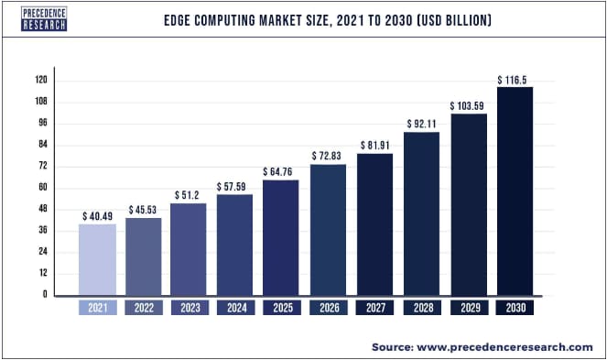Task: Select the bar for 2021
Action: pos(97,259)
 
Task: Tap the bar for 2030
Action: pos(514,191)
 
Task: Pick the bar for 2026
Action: pos(327,230)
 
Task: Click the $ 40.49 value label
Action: pos(97,215)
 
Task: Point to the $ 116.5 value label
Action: pos(513,81)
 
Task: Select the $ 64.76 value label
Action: pos(281,171)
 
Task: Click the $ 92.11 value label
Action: pos(420,124)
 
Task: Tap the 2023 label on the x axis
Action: pos(190,310)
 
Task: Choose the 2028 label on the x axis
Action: pos(420,310)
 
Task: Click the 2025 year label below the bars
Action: pos(281,310)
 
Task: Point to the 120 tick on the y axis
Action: pos(41,81)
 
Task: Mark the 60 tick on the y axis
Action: pos(42,188)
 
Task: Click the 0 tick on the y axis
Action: pos(44,295)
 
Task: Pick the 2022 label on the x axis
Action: pos(144,310)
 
